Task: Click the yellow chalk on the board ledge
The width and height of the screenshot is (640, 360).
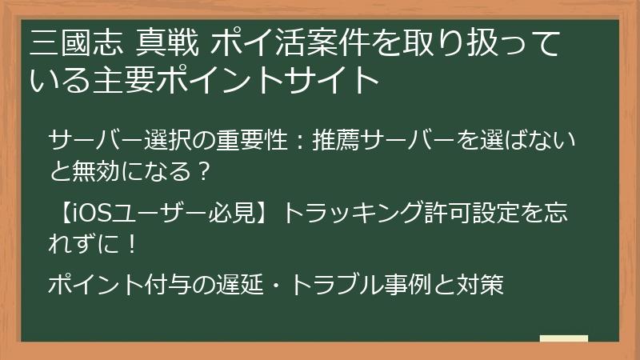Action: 564,339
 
